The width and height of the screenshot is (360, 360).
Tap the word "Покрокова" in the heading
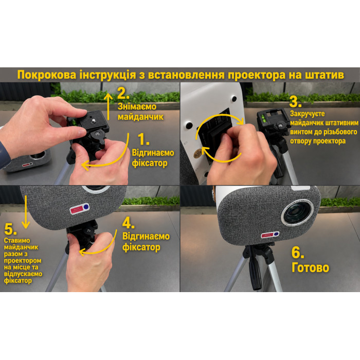[x=47, y=75]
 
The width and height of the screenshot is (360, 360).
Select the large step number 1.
[x=143, y=139]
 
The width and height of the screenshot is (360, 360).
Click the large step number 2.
[x=123, y=93]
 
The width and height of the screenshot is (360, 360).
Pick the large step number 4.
[x=128, y=223]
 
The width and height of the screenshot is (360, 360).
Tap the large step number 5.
[x=10, y=229]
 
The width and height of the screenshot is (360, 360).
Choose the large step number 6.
[x=298, y=253]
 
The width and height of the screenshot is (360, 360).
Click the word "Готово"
[x=310, y=268]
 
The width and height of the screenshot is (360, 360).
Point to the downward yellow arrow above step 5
[x=26, y=212]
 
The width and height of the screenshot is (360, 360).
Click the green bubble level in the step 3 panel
[x=264, y=118]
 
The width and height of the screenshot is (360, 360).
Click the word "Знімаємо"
[x=137, y=106]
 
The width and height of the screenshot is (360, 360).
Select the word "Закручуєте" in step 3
[x=307, y=114]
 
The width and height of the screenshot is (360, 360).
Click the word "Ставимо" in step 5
[x=17, y=240]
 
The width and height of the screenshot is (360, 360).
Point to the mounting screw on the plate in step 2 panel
[x=93, y=119]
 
